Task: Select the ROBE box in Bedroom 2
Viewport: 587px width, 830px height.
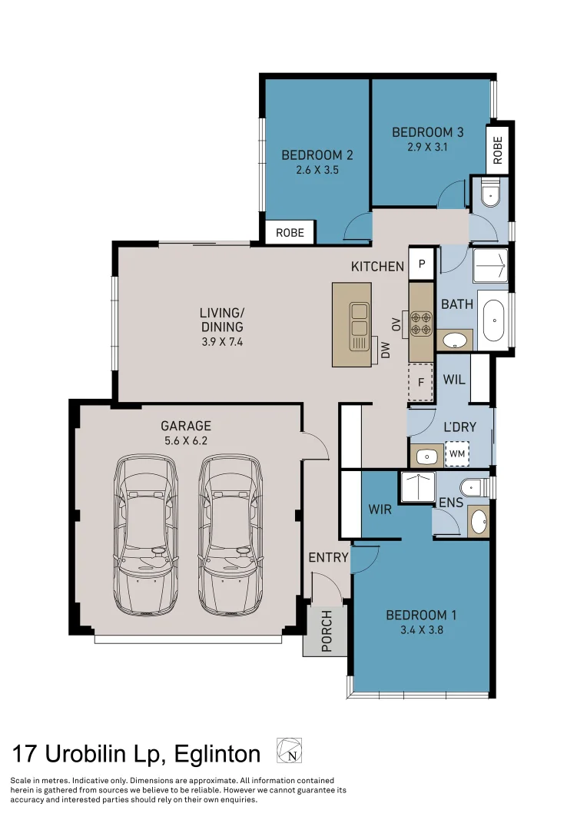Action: (x=290, y=232)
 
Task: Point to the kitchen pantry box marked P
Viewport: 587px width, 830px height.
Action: (x=422, y=265)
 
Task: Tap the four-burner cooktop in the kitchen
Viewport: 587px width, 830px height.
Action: (x=420, y=322)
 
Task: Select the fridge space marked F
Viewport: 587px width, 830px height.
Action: (x=420, y=382)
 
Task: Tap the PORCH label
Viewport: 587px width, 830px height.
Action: (x=326, y=631)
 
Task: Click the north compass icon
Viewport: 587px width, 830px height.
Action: (x=290, y=751)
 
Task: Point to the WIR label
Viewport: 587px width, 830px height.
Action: (x=380, y=510)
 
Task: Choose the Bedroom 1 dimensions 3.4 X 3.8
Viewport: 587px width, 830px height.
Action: (x=421, y=630)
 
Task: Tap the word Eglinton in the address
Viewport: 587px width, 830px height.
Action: (x=217, y=754)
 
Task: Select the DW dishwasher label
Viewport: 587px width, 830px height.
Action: (x=386, y=351)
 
